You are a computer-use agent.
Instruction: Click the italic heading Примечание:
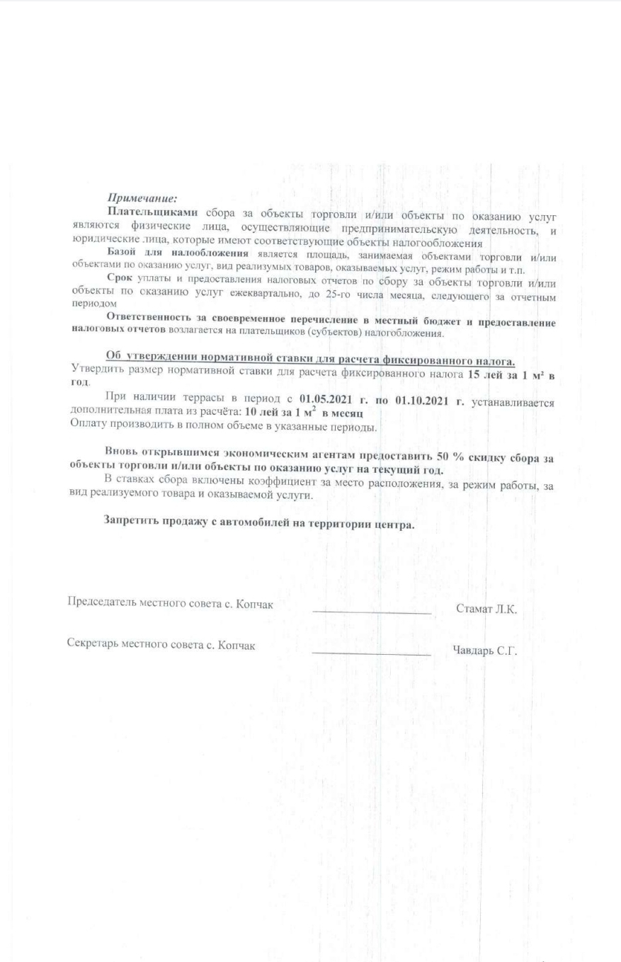(142, 199)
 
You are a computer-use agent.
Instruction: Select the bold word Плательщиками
(152, 212)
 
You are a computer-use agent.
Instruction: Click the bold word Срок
(121, 278)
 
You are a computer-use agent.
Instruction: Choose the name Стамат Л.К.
(486, 608)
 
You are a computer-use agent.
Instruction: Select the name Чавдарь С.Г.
(484, 651)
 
